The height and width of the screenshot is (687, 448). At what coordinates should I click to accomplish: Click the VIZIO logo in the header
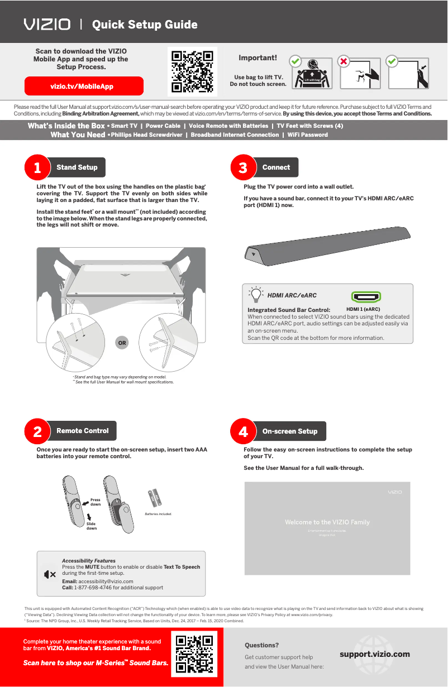[47, 25]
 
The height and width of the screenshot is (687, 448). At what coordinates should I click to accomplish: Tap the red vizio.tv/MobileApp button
[84, 87]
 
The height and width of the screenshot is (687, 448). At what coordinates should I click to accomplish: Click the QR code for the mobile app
[192, 71]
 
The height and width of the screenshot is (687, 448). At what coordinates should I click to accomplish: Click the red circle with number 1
[37, 167]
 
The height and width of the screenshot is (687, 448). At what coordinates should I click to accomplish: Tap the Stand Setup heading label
[77, 167]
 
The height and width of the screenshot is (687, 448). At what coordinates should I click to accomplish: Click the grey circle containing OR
[121, 343]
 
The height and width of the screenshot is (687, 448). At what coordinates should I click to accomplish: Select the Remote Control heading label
[82, 431]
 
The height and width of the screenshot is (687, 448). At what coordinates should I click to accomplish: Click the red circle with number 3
[243, 167]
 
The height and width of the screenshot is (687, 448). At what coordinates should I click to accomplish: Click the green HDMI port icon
[366, 297]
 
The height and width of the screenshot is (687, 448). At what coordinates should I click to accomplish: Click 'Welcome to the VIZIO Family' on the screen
[327, 522]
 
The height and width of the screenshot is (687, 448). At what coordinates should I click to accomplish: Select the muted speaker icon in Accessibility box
[50, 574]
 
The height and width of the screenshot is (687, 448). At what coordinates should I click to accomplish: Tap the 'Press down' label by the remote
[96, 502]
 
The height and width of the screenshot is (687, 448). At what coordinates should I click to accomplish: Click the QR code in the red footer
[195, 655]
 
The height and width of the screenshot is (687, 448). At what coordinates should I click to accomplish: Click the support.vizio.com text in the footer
[374, 654]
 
